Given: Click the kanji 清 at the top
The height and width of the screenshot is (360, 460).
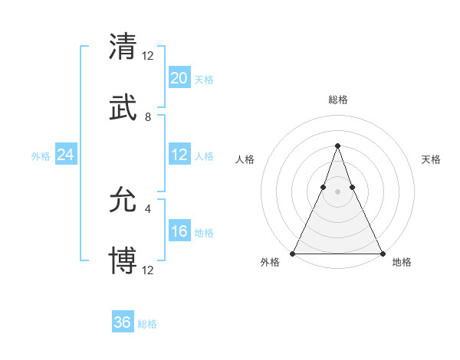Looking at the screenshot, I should pyautogui.click(x=123, y=47).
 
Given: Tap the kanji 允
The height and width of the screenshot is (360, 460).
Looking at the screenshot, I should pyautogui.click(x=123, y=201).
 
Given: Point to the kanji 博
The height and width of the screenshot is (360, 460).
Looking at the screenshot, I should pyautogui.click(x=123, y=261).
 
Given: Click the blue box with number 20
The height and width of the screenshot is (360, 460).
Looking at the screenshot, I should pyautogui.click(x=179, y=78).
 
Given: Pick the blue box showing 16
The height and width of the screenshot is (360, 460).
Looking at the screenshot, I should pyautogui.click(x=179, y=232).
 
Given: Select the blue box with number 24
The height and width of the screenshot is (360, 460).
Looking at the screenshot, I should pyautogui.click(x=66, y=155).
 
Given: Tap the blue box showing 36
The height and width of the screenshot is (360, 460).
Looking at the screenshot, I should pyautogui.click(x=123, y=322).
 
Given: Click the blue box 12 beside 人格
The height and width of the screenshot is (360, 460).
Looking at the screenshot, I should pyautogui.click(x=179, y=155).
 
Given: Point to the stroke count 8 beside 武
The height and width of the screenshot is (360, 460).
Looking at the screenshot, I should pyautogui.click(x=148, y=117).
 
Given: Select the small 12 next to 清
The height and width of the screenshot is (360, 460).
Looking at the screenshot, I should pyautogui.click(x=149, y=55).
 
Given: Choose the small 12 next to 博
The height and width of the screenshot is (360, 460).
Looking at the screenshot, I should pyautogui.click(x=149, y=270).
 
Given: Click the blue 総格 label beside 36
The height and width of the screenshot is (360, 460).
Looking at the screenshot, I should pyautogui.click(x=147, y=324).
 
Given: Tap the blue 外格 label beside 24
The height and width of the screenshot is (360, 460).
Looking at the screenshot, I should pyautogui.click(x=41, y=156).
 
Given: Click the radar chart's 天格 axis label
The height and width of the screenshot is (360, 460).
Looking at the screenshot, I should pyautogui.click(x=431, y=159).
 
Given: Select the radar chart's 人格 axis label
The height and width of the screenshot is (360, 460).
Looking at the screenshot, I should pyautogui.click(x=245, y=159).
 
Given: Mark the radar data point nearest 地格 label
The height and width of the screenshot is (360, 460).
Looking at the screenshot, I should pyautogui.click(x=382, y=253).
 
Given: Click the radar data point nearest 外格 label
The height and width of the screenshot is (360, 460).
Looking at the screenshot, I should pyautogui.click(x=293, y=253).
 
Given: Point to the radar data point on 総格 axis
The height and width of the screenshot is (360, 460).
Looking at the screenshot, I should pyautogui.click(x=337, y=146).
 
